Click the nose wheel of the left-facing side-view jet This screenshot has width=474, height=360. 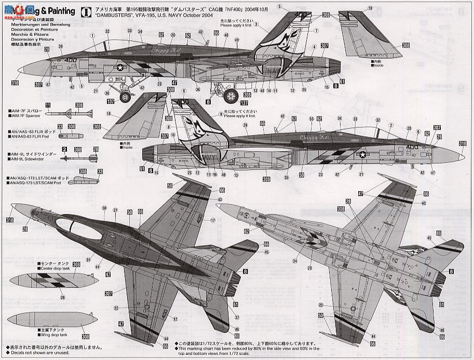tap(125, 97)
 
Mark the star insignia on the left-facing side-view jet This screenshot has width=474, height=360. tap(120, 67)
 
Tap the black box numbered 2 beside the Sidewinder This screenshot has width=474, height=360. tap(64, 149)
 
